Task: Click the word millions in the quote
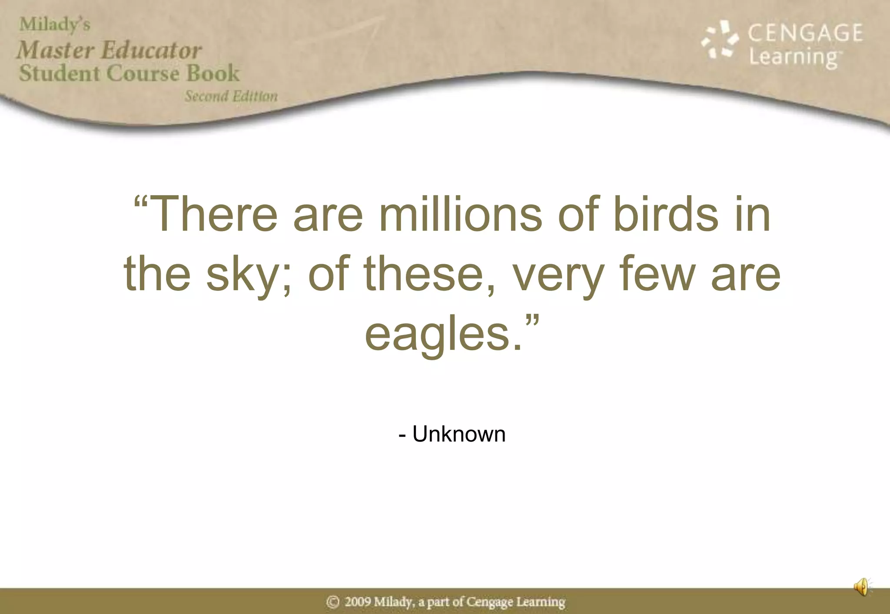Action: (461, 215)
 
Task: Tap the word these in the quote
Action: (424, 274)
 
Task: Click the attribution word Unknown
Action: (459, 434)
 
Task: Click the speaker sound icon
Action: (862, 587)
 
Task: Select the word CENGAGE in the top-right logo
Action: (805, 33)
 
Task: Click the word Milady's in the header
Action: (55, 25)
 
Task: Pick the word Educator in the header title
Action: (151, 50)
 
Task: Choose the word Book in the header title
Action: (213, 73)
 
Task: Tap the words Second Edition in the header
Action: (231, 96)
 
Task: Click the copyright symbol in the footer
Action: (333, 602)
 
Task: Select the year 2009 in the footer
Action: (358, 602)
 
